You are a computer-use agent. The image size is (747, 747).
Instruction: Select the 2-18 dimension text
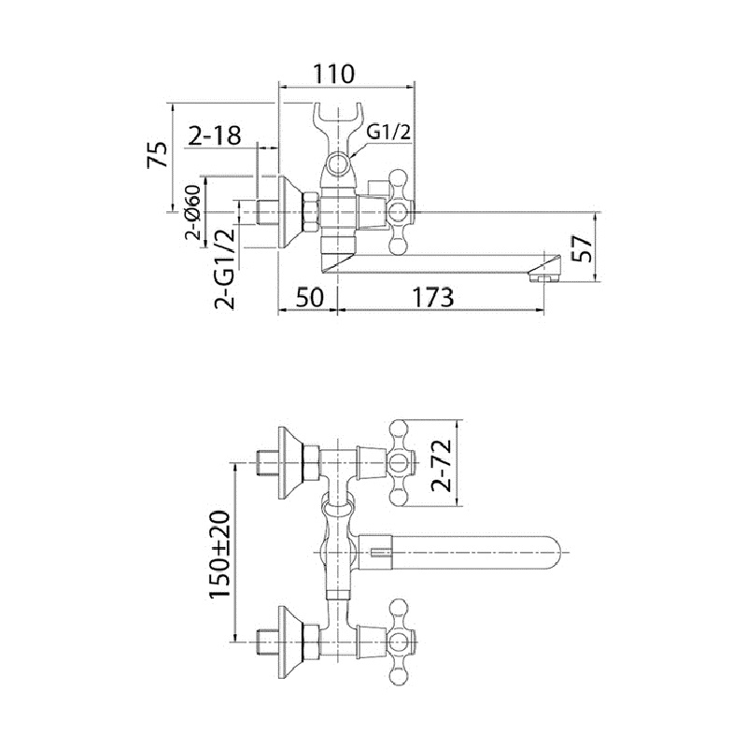pos(214,135)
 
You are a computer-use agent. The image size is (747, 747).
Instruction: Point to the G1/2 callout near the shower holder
pos(388,132)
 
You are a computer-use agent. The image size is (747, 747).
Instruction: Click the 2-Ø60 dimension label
pos(192,214)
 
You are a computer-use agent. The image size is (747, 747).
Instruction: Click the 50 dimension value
pos(308,298)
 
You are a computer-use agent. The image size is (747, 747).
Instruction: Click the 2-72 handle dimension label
pos(444,463)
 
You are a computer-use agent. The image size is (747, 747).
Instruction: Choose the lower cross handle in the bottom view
pos(399,642)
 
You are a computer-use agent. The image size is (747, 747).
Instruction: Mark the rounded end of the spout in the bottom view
pos(553,554)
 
